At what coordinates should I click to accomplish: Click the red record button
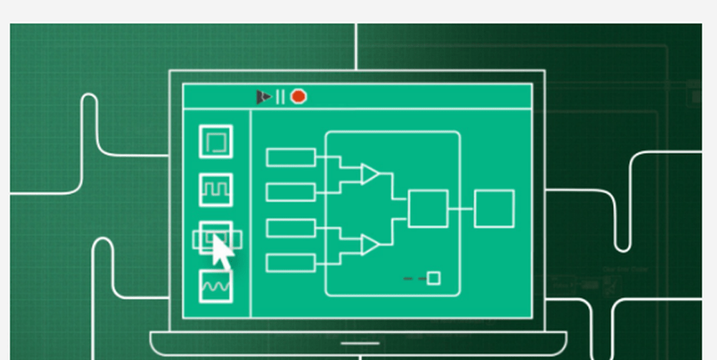pyautogui.click(x=298, y=96)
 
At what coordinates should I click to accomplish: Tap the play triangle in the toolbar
pyautogui.click(x=264, y=96)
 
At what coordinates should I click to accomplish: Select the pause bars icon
pyautogui.click(x=280, y=96)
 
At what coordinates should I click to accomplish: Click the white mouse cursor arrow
pyautogui.click(x=222, y=252)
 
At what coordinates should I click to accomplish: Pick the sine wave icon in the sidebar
pyautogui.click(x=215, y=286)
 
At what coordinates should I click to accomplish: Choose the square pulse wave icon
pyautogui.click(x=215, y=189)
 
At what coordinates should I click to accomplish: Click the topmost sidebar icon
pyautogui.click(x=215, y=141)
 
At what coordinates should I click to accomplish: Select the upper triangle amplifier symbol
pyautogui.click(x=369, y=174)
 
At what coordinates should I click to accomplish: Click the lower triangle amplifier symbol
pyautogui.click(x=369, y=245)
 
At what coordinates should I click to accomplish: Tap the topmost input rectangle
pyautogui.click(x=290, y=157)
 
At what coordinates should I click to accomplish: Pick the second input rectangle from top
pyautogui.click(x=290, y=191)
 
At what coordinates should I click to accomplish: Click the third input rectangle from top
pyautogui.click(x=290, y=228)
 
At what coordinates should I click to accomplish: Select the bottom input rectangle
pyautogui.click(x=290, y=262)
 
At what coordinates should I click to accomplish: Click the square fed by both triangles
pyautogui.click(x=428, y=209)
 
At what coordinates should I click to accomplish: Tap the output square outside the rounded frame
pyautogui.click(x=494, y=209)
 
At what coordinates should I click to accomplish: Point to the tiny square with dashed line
pyautogui.click(x=433, y=278)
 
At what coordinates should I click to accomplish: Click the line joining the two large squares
pyautogui.click(x=461, y=209)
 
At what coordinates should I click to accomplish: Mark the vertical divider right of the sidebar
pyautogui.click(x=250, y=215)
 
